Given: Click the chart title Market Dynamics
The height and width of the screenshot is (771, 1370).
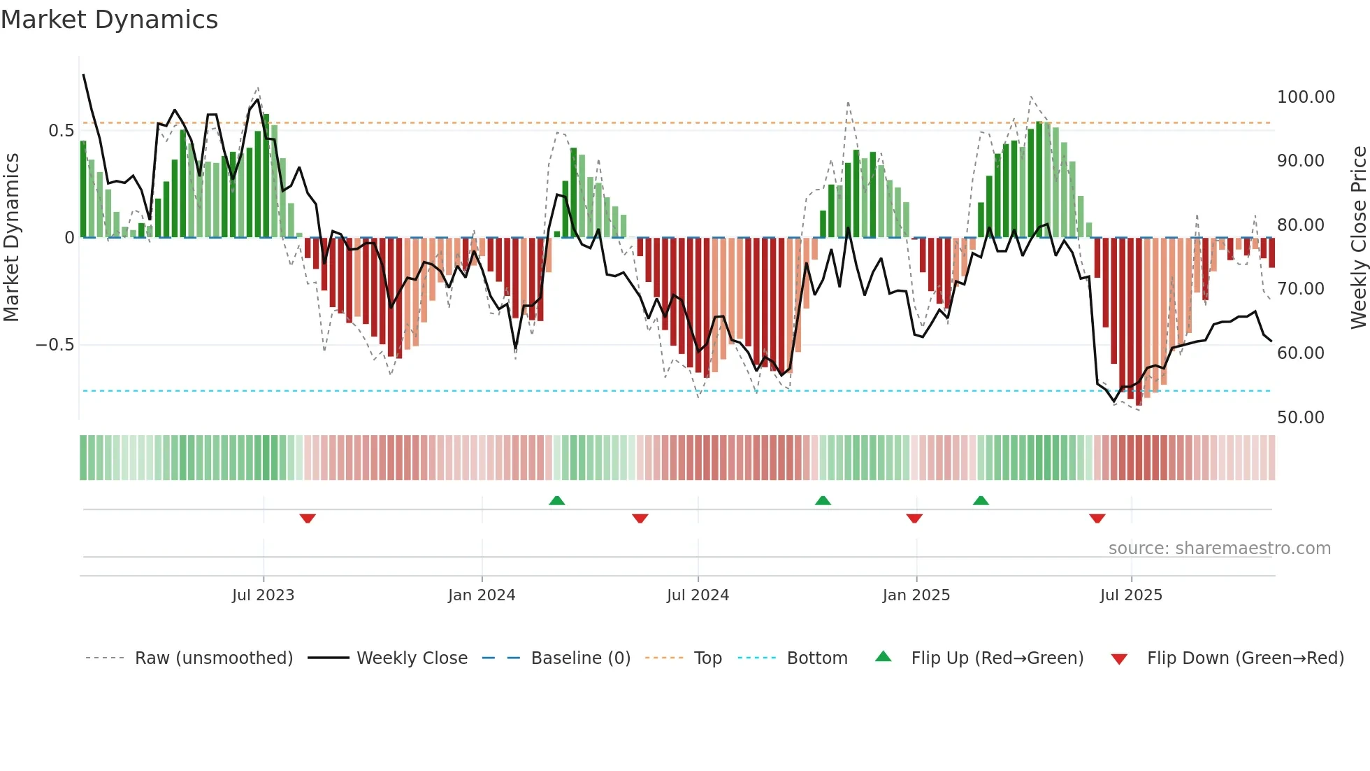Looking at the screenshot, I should point(109,20).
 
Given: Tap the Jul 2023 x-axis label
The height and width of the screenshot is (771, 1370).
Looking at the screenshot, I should point(263,595).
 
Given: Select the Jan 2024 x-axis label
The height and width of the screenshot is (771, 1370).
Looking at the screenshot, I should point(482,595).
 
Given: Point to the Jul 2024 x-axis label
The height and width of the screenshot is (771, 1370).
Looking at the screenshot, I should point(698,595).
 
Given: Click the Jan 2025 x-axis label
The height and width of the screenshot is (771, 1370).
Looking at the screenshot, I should point(916,595).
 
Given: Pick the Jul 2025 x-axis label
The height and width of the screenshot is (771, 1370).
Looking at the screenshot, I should point(1131,595).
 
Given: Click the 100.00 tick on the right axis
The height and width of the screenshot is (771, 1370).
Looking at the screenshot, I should point(1306,97).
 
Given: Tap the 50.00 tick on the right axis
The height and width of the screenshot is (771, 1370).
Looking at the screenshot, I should point(1300,418).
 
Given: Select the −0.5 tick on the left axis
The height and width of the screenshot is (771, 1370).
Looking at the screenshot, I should point(55,345).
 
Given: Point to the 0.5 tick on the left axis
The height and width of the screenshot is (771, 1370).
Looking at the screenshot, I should point(61,131).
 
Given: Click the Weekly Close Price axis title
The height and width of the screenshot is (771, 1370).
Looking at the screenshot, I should point(1358,238).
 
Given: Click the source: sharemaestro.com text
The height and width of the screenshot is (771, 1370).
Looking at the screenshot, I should point(1219,549).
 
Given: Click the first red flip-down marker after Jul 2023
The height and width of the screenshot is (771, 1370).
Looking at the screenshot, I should point(308,518).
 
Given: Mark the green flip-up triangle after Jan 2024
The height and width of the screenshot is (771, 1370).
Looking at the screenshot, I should point(557,500).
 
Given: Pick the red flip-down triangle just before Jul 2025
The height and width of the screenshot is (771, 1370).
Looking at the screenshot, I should point(1097,518).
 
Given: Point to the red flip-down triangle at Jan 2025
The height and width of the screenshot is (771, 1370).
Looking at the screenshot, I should point(914,518).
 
